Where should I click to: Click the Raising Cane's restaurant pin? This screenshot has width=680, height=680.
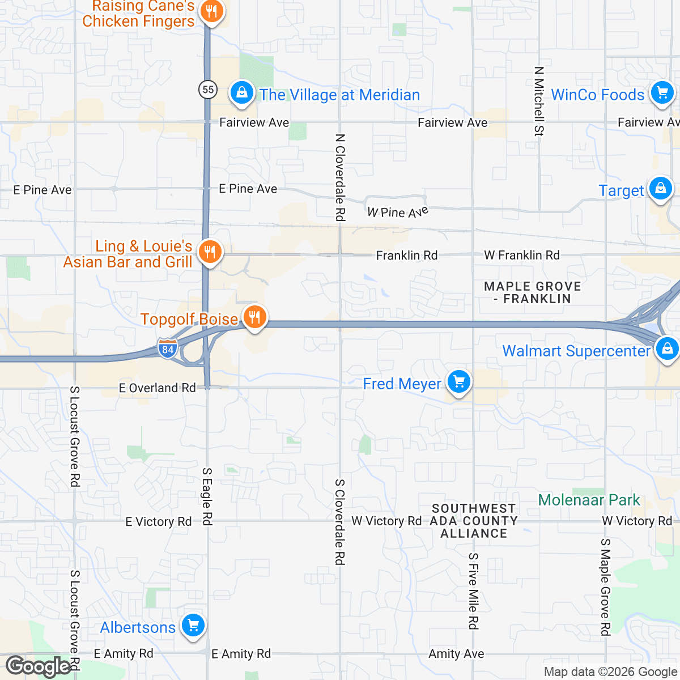click(x=211, y=11)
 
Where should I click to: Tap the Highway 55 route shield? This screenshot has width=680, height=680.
click(x=208, y=90)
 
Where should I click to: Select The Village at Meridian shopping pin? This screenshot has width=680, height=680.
click(x=242, y=92)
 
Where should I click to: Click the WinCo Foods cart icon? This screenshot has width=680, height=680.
click(x=661, y=92)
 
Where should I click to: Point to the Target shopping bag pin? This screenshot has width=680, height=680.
click(x=660, y=188)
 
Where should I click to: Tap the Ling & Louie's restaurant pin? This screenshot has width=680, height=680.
click(x=210, y=252)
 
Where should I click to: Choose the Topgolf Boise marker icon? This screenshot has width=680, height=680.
click(x=254, y=317)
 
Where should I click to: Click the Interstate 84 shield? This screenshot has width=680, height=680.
click(x=167, y=348)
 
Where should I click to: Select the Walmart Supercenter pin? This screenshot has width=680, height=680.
click(x=667, y=348)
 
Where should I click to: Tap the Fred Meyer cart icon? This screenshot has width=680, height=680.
click(x=458, y=382)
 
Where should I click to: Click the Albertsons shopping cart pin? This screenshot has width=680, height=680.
click(x=193, y=626)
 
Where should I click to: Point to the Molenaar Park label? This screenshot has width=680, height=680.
click(x=589, y=500)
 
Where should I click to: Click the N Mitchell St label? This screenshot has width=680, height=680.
click(x=538, y=101)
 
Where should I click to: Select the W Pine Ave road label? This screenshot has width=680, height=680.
click(x=398, y=212)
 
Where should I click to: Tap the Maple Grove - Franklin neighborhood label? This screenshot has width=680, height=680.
click(x=533, y=292)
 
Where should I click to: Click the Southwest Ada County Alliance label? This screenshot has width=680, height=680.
click(x=474, y=521)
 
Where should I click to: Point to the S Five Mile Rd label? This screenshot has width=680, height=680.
click(x=473, y=591)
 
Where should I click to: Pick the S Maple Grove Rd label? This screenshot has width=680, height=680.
click(x=605, y=586)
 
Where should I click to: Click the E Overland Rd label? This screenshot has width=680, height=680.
click(x=157, y=388)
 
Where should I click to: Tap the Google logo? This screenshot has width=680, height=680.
click(x=39, y=666)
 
